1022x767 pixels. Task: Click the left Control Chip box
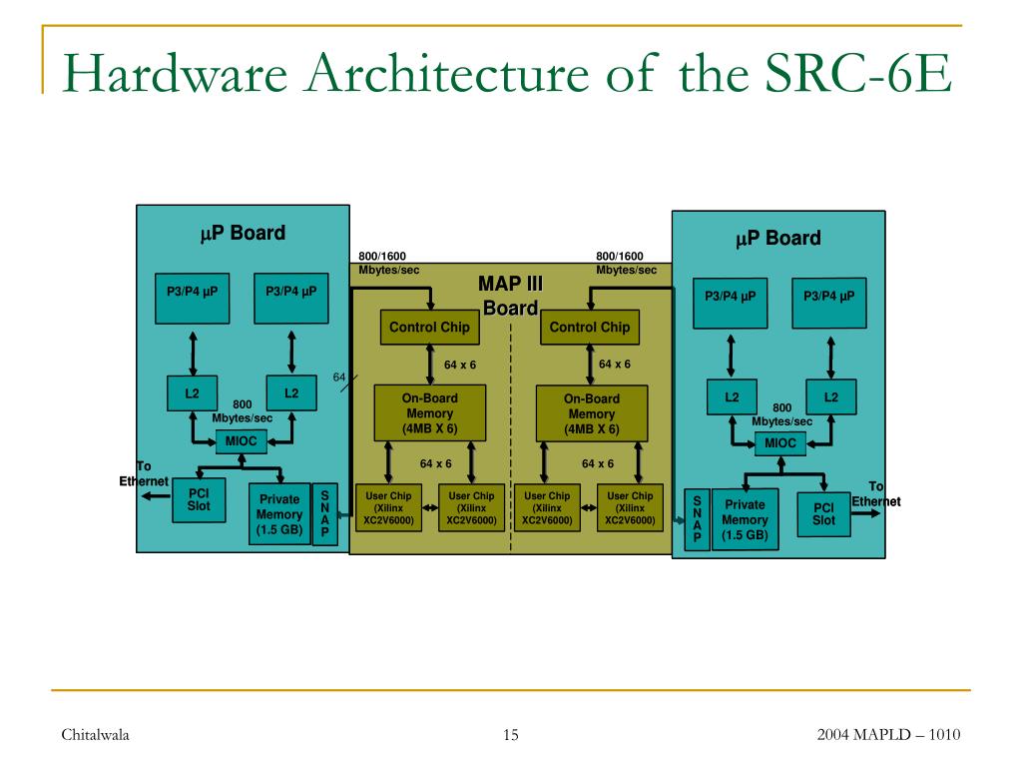[429, 328]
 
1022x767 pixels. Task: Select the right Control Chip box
[590, 328]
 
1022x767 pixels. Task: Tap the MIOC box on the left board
[241, 441]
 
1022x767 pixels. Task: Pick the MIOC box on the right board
[780, 443]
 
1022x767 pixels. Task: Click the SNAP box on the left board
[325, 514]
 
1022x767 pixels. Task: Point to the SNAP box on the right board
[697, 519]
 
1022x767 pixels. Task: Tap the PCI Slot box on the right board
[823, 514]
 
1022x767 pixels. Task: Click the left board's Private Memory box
[279, 514]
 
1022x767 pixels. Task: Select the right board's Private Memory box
[745, 519]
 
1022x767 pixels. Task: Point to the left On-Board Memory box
[429, 413]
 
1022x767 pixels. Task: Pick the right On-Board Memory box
[592, 413]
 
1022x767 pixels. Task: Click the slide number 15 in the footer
[511, 736]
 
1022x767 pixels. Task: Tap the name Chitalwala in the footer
[96, 736]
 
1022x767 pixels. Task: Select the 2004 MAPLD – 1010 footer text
[888, 736]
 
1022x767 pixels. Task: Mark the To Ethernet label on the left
[143, 474]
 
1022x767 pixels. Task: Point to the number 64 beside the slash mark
[338, 377]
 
